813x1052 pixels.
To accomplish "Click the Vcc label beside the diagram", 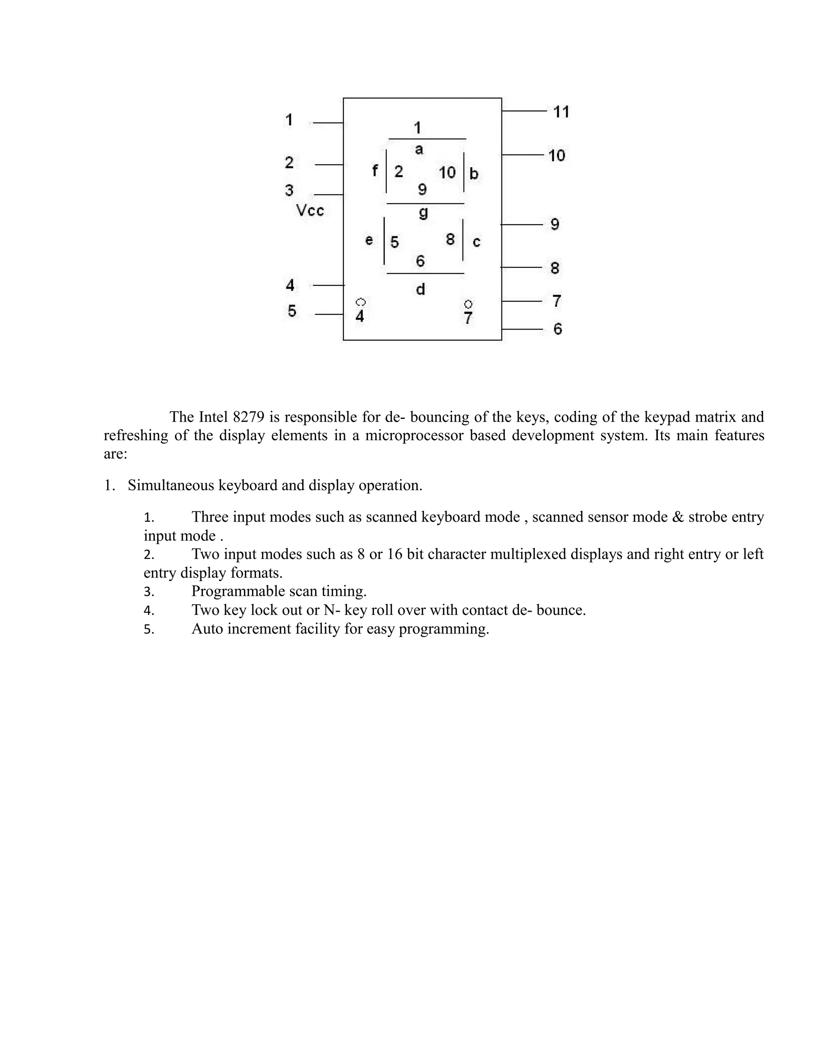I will pos(310,210).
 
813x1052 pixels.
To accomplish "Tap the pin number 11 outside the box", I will pos(561,112).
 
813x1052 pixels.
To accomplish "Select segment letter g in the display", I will pos(423,213).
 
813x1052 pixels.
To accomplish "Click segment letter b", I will pos(474,173).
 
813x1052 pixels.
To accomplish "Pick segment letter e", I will pos(369,240).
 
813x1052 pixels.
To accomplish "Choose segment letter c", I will pos(476,241).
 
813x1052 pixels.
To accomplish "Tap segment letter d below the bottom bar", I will pos(420,289).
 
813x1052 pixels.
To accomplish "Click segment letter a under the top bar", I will pos(419,149).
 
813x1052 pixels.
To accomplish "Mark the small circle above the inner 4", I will pos(360,302).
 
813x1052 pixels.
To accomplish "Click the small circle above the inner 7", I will pos(468,304).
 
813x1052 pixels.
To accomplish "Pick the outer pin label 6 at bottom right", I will pos(558,329).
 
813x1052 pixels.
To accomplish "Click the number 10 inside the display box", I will pos(447,172).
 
